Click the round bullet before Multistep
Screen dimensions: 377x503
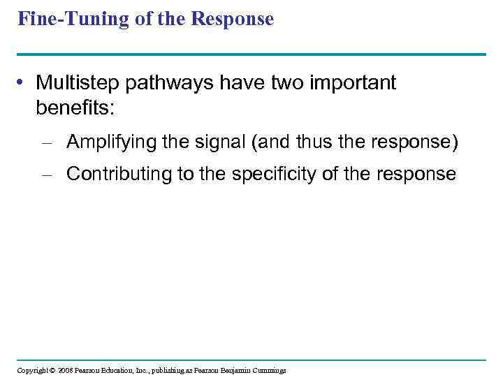tap(24, 84)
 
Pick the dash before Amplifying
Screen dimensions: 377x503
tap(47, 143)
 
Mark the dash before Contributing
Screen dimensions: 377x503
tap(47, 175)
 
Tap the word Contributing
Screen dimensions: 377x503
tap(119, 174)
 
